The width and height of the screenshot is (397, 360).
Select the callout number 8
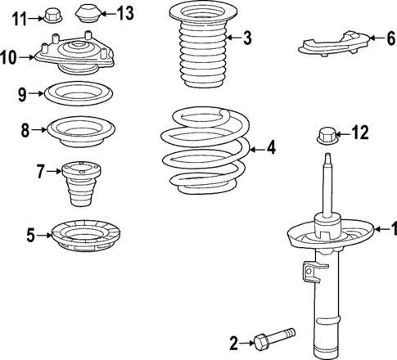(25, 128)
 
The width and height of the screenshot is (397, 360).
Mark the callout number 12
(360, 131)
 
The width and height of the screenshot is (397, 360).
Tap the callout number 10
(9, 56)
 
